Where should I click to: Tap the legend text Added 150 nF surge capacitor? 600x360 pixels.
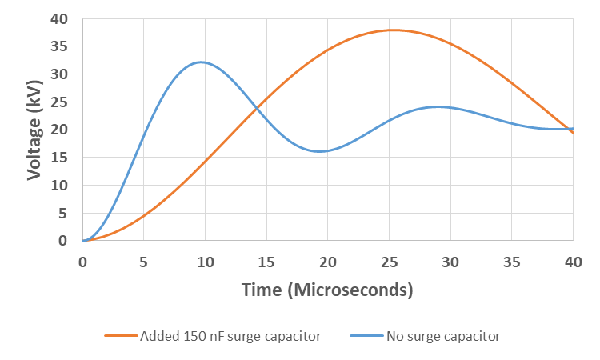pyautogui.click(x=230, y=336)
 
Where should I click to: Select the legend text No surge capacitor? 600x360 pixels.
pyautogui.click(x=443, y=336)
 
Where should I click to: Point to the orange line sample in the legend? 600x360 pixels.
pyautogui.click(x=120, y=336)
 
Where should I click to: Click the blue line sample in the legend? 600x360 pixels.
pyautogui.click(x=366, y=336)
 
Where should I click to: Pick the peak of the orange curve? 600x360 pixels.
pyautogui.click(x=393, y=30)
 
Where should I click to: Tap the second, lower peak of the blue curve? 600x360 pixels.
pyautogui.click(x=438, y=106)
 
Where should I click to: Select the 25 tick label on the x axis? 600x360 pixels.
pyautogui.click(x=390, y=262)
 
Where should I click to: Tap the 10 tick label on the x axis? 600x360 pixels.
pyautogui.click(x=206, y=262)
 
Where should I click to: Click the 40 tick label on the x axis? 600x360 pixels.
pyautogui.click(x=573, y=262)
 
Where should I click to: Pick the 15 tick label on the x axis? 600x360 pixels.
pyautogui.click(x=266, y=262)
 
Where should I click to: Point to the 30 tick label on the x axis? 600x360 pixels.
pyautogui.click(x=450, y=262)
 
